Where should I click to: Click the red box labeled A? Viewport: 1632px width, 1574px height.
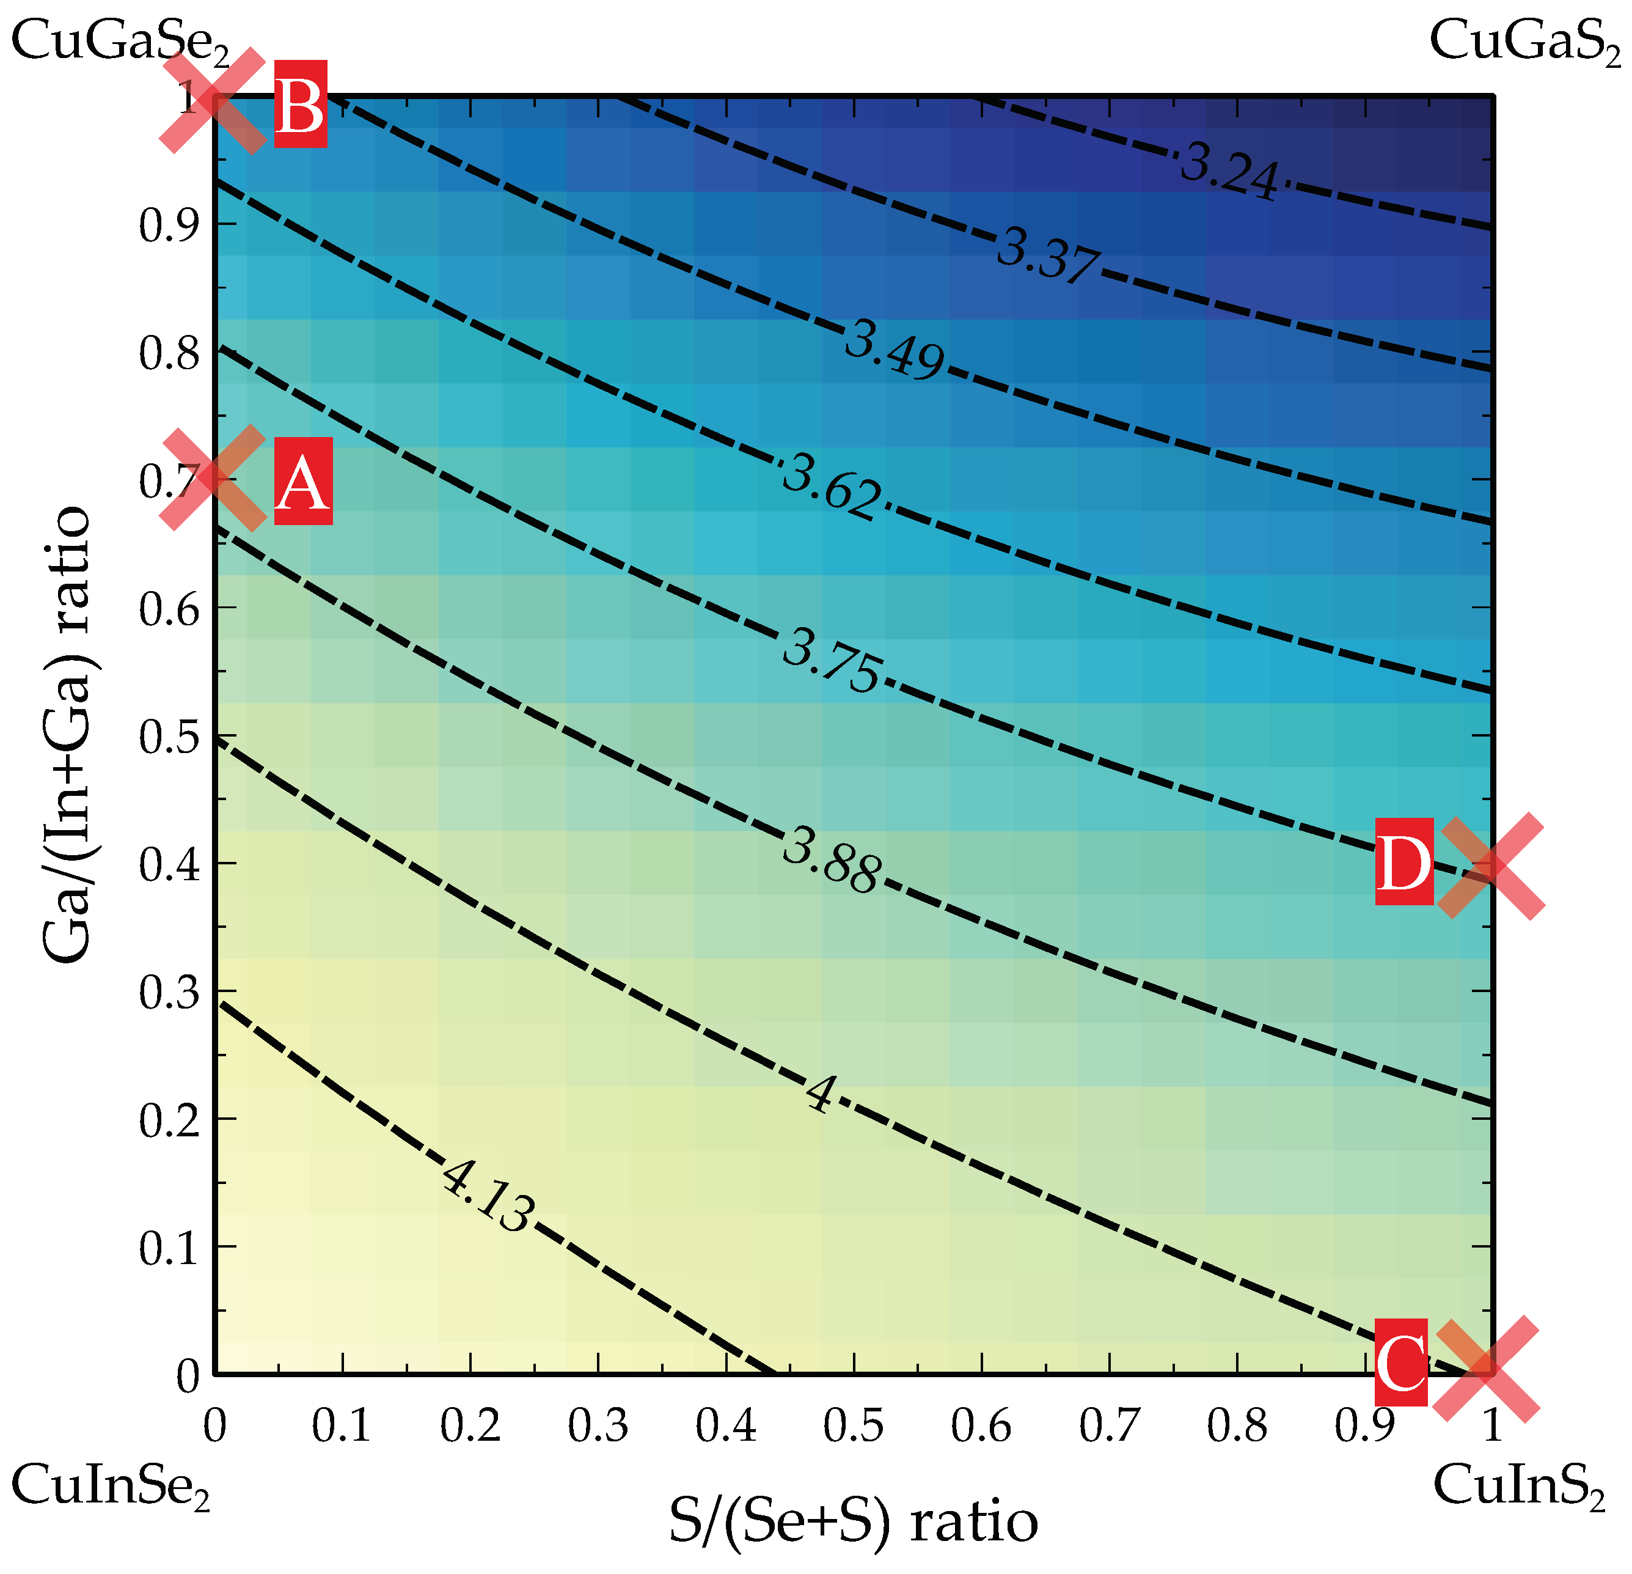pyautogui.click(x=303, y=481)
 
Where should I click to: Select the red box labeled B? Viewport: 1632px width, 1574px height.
pyautogui.click(x=301, y=103)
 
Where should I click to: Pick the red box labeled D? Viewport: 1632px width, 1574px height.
pyautogui.click(x=1404, y=861)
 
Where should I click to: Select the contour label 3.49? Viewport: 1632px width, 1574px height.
pyautogui.click(x=895, y=351)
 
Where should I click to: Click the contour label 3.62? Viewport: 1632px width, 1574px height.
pyautogui.click(x=831, y=487)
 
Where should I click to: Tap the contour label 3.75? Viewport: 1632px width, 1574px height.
pyautogui.click(x=831, y=660)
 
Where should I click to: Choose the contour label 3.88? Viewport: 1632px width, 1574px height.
pyautogui.click(x=831, y=861)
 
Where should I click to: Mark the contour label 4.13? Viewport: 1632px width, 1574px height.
pyautogui.click(x=487, y=1199)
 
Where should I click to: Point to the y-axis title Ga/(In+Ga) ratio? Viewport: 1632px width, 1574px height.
pyautogui.click(x=67, y=735)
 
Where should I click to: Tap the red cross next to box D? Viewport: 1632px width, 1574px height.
pyautogui.click(x=1492, y=867)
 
